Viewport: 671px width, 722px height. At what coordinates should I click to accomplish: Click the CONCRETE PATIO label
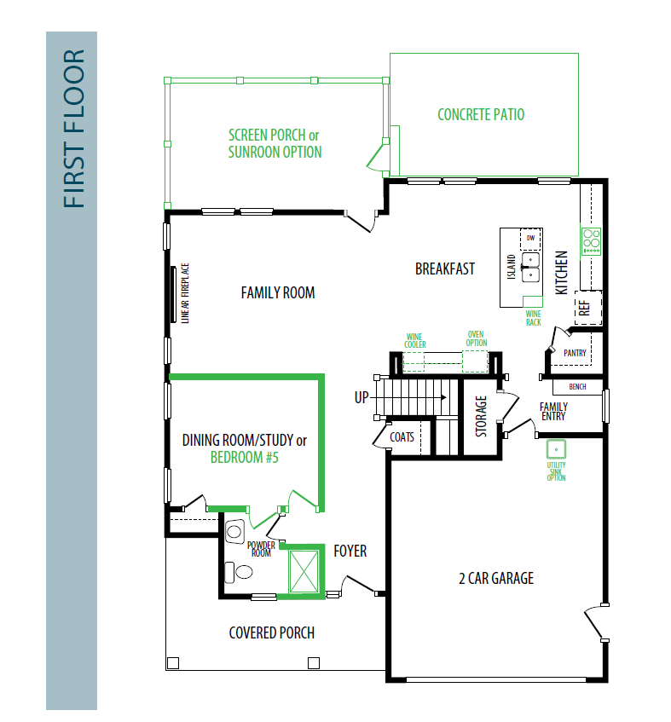click(481, 115)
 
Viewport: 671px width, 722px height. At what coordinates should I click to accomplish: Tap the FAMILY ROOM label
click(278, 293)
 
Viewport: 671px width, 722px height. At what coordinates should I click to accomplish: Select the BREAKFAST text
click(445, 269)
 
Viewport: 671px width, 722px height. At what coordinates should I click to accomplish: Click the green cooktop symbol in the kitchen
click(592, 241)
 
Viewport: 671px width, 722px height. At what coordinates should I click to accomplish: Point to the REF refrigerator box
click(588, 308)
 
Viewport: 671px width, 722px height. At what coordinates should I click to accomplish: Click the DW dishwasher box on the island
click(530, 238)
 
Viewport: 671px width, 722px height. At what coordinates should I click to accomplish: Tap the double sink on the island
click(530, 267)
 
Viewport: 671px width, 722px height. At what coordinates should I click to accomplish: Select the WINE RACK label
click(533, 318)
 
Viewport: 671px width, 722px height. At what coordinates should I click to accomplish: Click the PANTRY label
click(575, 353)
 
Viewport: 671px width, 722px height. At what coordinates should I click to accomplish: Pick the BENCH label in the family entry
click(577, 387)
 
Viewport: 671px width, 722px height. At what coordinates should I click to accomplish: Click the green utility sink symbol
click(557, 449)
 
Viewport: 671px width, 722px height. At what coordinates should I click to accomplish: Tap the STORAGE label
click(481, 416)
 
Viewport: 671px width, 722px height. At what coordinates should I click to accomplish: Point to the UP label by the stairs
click(362, 397)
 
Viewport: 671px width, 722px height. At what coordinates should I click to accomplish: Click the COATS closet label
click(402, 437)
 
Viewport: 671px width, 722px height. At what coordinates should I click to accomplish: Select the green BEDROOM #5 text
click(245, 457)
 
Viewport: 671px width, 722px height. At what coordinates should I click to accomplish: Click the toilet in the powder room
click(239, 572)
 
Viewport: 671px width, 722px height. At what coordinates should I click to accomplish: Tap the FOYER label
click(350, 551)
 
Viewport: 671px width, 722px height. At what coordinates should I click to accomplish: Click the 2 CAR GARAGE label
click(496, 578)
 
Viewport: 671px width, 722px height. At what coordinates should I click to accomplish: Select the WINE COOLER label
click(415, 341)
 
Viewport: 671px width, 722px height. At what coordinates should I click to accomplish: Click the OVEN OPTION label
click(477, 338)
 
